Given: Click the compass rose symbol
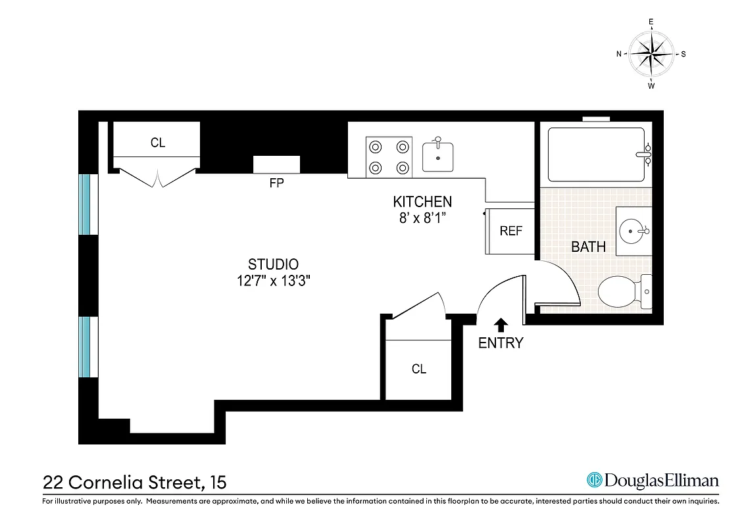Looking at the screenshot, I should tap(651, 54).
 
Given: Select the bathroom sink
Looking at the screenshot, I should tap(632, 231).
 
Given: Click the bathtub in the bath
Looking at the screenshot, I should tap(596, 155).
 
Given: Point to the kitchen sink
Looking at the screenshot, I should tap(437, 156).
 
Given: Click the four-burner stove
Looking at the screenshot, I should tap(389, 158).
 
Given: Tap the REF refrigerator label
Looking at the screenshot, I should tap(511, 231).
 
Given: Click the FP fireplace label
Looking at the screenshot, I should tap(276, 183).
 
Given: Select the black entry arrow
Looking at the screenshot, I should tap(501, 323).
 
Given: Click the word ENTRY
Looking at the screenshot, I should tap(501, 343).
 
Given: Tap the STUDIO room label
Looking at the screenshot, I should tap(273, 264).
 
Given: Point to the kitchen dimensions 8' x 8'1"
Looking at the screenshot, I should tap(422, 218).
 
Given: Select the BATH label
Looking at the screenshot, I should tap(588, 248).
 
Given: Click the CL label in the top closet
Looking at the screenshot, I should tap(158, 143).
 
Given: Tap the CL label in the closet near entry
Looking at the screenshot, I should tap(418, 369).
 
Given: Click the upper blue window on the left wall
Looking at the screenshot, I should tap(85, 204).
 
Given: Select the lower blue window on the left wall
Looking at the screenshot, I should tap(85, 347).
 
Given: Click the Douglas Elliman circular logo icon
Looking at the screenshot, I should tap(595, 480).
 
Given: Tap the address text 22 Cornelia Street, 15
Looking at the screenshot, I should tap(135, 482).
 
